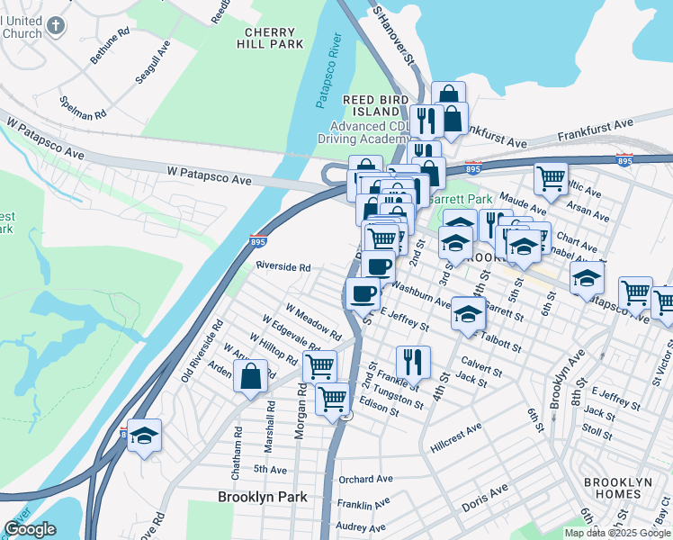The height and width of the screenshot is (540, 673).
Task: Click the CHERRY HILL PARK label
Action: (x=273, y=37)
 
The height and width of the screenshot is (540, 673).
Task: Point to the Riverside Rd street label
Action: (x=283, y=267)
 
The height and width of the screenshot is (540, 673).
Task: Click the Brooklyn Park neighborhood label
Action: (x=263, y=497)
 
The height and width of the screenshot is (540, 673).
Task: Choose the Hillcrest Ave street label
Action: (x=456, y=427)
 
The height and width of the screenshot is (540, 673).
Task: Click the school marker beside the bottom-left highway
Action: (x=144, y=435)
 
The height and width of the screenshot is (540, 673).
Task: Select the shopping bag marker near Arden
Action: (x=251, y=375)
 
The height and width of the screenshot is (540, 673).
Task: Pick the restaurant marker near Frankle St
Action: (x=413, y=362)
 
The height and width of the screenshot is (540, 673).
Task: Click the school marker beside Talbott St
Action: (x=468, y=313)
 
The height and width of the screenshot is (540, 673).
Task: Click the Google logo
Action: (x=30, y=529)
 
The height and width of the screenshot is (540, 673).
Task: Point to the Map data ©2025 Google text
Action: (x=617, y=533)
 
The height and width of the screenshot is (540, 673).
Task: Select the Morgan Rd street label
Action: (x=301, y=417)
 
